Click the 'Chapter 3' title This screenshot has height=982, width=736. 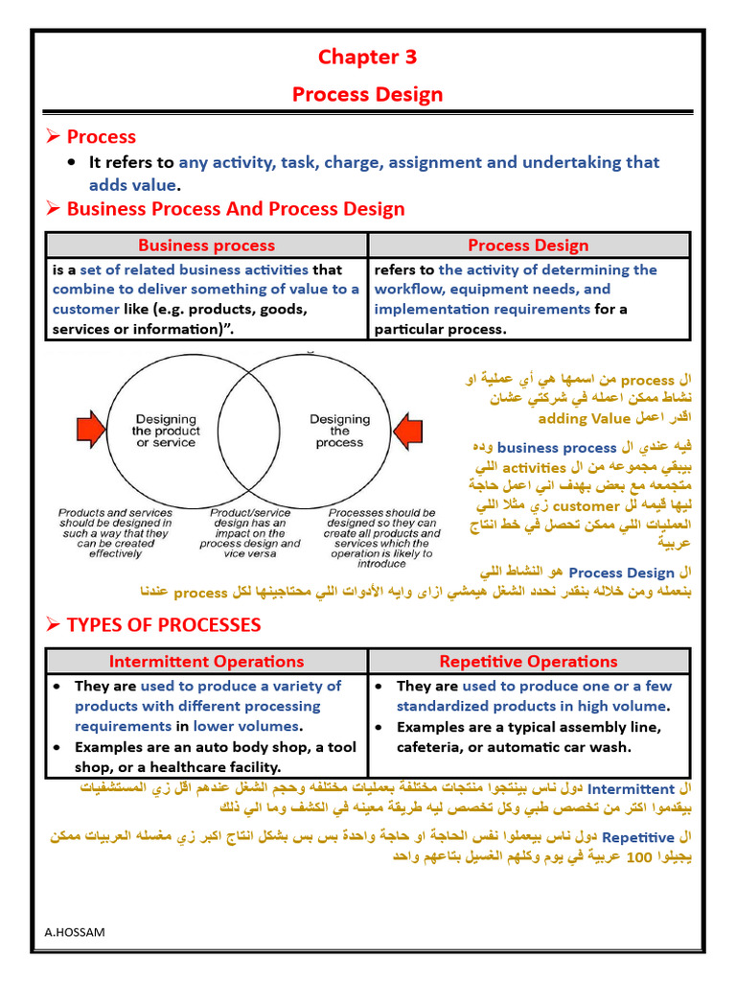point(367,57)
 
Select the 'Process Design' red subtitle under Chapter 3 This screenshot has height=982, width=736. point(367,94)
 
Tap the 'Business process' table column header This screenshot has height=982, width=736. point(206,245)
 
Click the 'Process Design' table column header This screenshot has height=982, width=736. point(528,245)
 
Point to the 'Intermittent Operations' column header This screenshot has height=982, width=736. point(206,661)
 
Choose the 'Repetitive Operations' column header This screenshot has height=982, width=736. point(528,661)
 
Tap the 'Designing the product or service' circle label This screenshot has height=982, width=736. point(165,431)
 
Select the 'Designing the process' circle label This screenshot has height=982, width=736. point(339,431)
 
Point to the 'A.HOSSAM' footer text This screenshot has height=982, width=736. point(74,931)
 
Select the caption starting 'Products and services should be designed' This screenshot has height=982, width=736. point(115,533)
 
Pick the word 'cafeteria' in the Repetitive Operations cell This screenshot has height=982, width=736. point(431,747)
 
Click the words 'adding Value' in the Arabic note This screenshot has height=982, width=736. point(585,419)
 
